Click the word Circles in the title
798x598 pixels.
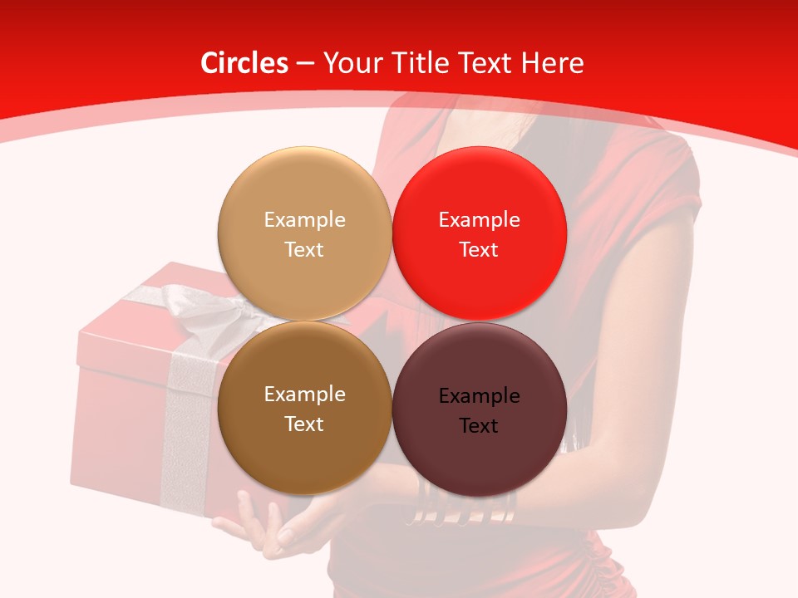pos(244,63)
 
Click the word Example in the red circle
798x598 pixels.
pos(480,219)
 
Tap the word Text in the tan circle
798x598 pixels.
pos(304,249)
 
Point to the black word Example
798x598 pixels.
pos(480,395)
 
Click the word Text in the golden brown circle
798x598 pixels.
pos(304,424)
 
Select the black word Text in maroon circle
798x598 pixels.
pos(480,425)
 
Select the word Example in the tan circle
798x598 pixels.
pos(304,219)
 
